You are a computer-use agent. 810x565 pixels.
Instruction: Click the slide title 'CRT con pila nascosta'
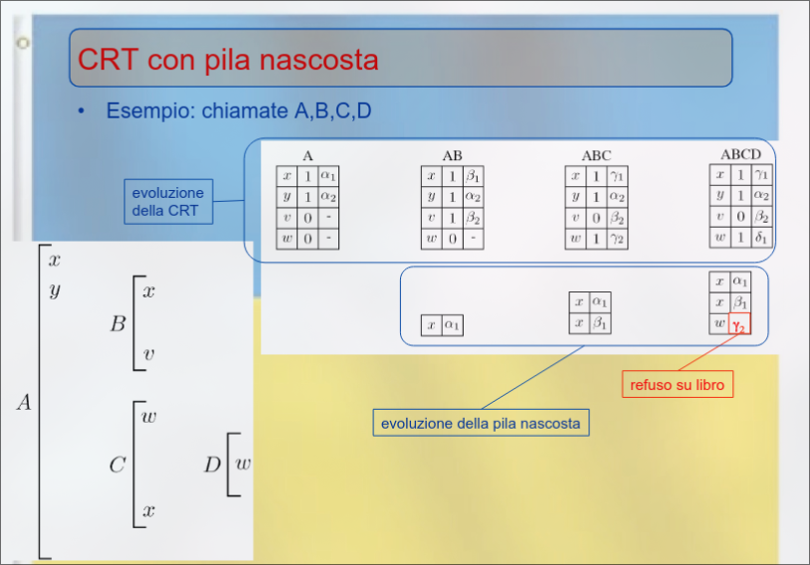click(228, 60)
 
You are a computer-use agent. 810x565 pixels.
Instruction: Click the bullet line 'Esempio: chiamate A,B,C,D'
click(239, 110)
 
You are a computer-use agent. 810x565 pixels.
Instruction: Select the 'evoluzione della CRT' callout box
click(167, 201)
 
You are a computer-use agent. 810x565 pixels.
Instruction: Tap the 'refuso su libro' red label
click(678, 384)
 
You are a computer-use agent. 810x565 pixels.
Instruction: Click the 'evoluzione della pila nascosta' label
click(480, 424)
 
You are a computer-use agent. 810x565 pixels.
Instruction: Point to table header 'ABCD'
click(740, 154)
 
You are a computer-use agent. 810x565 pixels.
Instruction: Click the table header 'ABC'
click(596, 155)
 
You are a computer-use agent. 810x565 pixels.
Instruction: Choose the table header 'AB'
click(452, 155)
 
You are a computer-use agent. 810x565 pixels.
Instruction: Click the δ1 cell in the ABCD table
click(761, 237)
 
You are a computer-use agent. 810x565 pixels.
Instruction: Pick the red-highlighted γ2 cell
click(739, 325)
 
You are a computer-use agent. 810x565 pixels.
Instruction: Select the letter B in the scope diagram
click(117, 323)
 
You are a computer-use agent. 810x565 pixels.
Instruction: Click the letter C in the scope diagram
click(117, 465)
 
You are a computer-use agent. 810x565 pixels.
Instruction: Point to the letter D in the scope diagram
click(212, 465)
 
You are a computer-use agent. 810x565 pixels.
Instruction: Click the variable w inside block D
click(242, 464)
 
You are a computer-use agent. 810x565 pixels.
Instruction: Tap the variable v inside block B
click(148, 353)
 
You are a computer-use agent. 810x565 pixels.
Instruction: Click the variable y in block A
click(54, 290)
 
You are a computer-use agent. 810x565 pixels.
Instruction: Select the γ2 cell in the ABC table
click(617, 239)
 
